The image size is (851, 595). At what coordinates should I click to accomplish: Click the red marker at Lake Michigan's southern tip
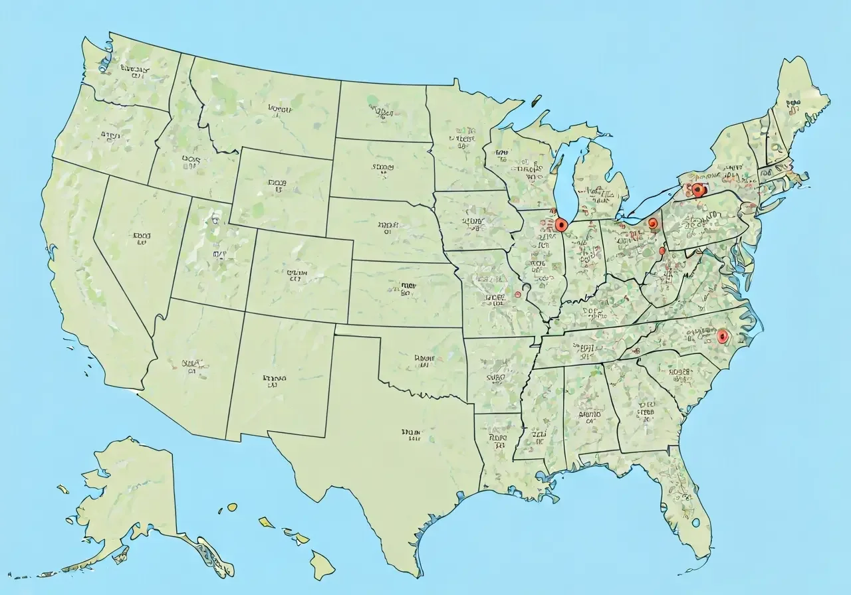pyautogui.click(x=562, y=224)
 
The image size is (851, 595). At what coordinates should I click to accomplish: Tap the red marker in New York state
pyautogui.click(x=697, y=190)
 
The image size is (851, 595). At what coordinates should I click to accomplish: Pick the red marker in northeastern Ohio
pyautogui.click(x=653, y=223)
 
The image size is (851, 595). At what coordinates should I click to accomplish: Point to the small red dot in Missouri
pyautogui.click(x=518, y=294)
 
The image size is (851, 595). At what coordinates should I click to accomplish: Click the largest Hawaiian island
pyautogui.click(x=322, y=564)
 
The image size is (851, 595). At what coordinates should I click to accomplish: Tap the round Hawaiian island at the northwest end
pyautogui.click(x=232, y=507)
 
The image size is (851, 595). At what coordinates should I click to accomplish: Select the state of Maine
pyautogui.click(x=801, y=100)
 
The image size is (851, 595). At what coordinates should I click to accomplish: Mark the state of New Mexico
pyautogui.click(x=276, y=379)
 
